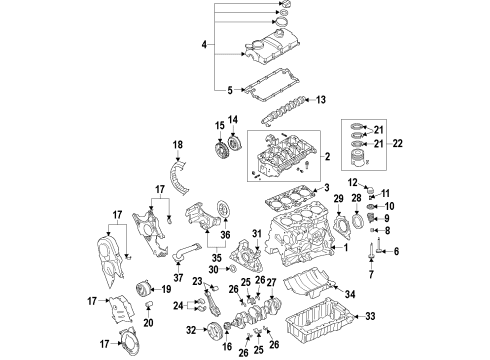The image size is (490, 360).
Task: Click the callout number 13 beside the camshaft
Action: coord(321,100)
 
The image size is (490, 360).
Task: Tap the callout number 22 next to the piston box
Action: coord(397,144)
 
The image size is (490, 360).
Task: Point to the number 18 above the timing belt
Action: coord(178,145)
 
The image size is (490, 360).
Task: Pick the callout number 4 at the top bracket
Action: coord(204,44)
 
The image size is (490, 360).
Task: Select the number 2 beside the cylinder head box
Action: coord(327,156)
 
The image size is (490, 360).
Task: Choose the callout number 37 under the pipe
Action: coord(178,277)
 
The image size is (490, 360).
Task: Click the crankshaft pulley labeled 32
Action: coord(213,330)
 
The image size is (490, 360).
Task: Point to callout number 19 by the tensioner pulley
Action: coord(166,289)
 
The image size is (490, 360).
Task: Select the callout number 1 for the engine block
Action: coord(346,248)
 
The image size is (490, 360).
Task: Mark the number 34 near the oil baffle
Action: coord(350,294)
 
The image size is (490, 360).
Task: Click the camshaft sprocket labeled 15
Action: coord(220,151)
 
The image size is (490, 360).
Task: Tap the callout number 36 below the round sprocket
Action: coord(225,235)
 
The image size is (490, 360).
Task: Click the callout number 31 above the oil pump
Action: coord(257,234)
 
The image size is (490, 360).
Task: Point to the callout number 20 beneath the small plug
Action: coord(148,323)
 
